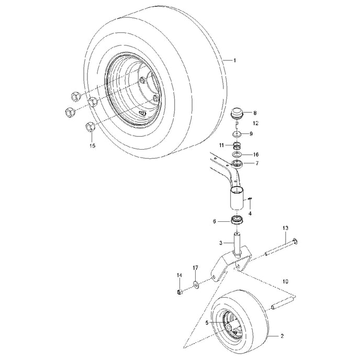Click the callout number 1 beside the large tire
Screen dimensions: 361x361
point(234,61)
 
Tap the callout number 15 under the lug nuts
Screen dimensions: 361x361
point(93,146)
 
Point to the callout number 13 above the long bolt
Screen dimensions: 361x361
point(285,228)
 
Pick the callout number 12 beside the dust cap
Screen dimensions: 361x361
point(256,123)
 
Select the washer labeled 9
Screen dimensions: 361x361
point(236,134)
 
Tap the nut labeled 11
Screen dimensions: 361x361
point(236,145)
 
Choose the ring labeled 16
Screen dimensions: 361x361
point(238,155)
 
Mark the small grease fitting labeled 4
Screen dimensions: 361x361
point(252,198)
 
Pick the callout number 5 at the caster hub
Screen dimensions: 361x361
point(207,323)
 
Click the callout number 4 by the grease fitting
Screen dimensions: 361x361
point(250,213)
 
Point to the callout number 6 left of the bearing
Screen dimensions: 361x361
point(214,221)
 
